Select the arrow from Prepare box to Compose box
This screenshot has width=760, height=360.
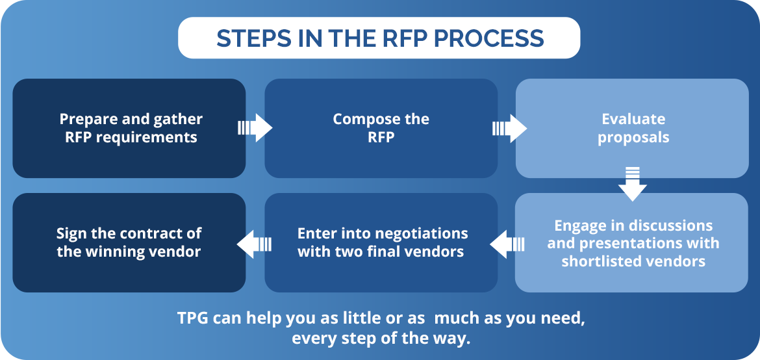click(255, 128)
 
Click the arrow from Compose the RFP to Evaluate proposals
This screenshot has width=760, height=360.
click(509, 128)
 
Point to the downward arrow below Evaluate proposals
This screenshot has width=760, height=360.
click(633, 184)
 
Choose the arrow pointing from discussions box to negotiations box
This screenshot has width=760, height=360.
click(507, 244)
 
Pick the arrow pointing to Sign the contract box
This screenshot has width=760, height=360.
click(254, 244)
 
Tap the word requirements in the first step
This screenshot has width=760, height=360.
click(146, 138)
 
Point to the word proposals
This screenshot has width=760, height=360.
click(633, 138)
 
